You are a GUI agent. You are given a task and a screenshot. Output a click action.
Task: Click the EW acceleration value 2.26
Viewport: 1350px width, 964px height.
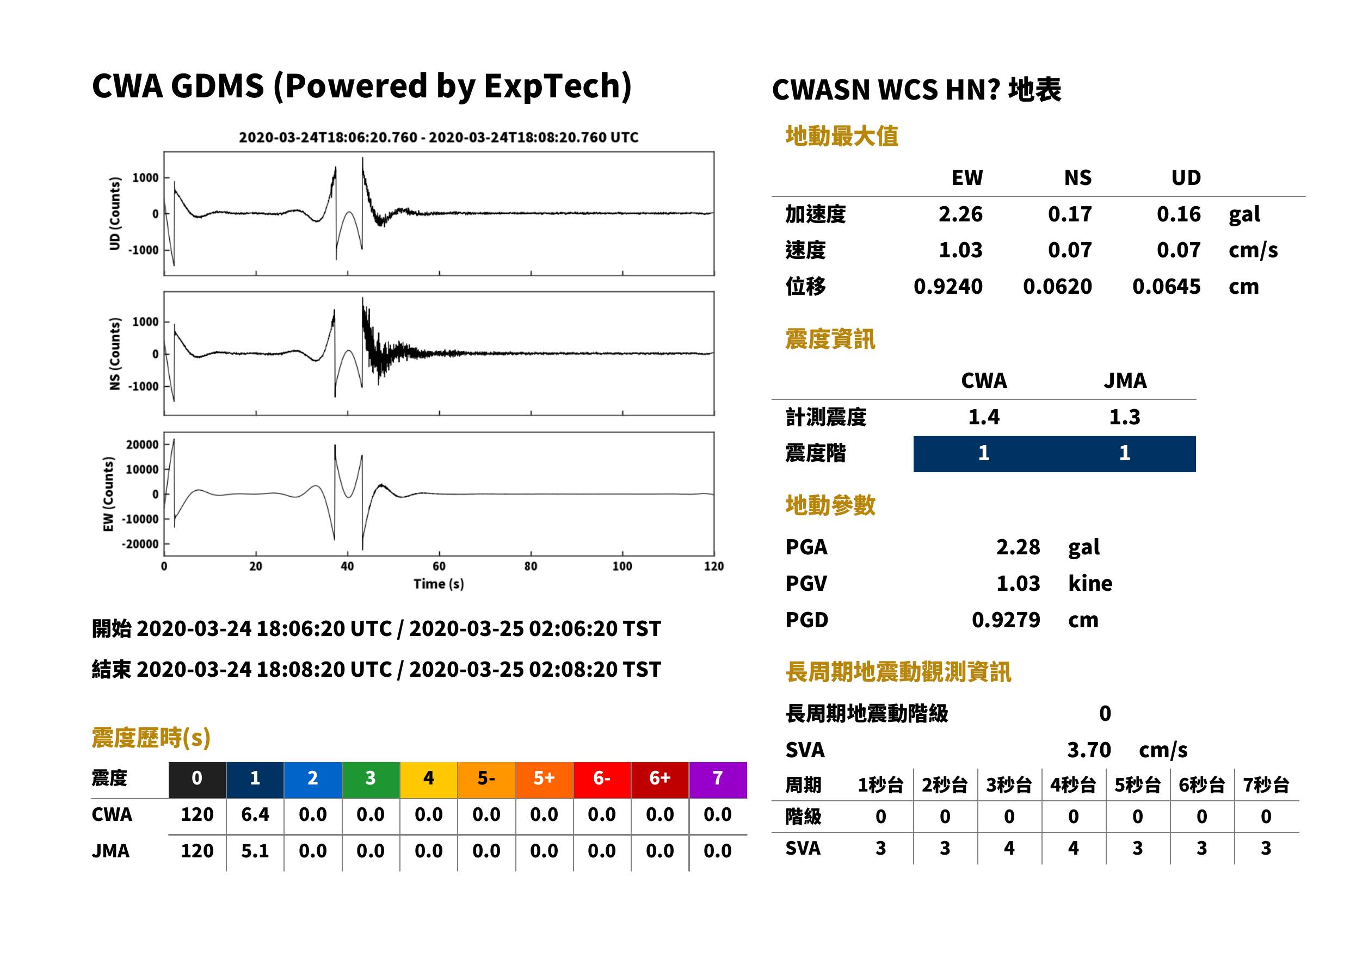(x=960, y=214)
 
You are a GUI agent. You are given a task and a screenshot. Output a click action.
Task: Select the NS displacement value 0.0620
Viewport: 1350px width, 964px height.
(x=1057, y=287)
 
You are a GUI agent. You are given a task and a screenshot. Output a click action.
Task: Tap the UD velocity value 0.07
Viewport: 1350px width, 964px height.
(x=1179, y=250)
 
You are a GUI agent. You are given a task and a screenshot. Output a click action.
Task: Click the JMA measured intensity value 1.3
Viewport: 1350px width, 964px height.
(x=1124, y=417)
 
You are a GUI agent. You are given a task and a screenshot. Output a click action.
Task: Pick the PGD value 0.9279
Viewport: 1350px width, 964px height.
(x=1006, y=620)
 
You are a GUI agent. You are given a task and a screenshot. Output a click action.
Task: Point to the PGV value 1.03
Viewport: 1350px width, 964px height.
(x=1018, y=584)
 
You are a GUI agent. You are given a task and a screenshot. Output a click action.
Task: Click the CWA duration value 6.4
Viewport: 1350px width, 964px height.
(x=255, y=815)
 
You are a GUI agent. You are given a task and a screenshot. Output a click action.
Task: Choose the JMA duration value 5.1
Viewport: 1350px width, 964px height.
(x=255, y=851)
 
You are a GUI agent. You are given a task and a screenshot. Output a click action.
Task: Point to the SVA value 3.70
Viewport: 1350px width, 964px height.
(x=1089, y=750)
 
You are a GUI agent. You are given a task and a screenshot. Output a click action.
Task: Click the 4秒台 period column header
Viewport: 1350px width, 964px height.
(x=1072, y=786)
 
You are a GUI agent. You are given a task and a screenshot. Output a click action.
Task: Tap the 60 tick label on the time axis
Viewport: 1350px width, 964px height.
(x=439, y=566)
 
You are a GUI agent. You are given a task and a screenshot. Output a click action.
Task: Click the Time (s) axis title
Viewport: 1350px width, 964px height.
(x=439, y=584)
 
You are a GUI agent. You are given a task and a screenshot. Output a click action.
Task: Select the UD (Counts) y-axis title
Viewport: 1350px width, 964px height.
(x=115, y=214)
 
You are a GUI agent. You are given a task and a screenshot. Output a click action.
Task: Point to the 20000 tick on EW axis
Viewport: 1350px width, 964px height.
(x=143, y=444)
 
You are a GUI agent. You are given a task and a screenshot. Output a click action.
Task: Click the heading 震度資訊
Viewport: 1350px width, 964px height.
(x=830, y=339)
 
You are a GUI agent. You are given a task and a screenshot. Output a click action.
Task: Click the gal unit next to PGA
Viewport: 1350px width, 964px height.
(x=1084, y=548)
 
